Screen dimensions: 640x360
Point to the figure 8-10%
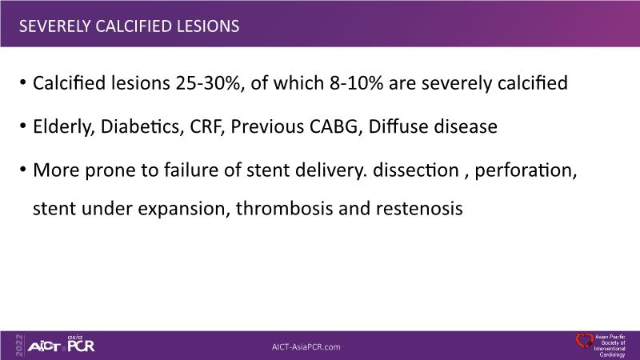356,83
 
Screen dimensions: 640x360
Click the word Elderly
64,127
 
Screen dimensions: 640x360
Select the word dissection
415,170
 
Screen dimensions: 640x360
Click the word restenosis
419,209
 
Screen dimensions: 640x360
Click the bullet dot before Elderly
23,126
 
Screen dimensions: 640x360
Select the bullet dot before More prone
23,169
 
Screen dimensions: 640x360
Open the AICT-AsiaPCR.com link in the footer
306,347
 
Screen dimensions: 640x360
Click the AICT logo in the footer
44,347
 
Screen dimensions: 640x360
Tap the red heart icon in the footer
585,342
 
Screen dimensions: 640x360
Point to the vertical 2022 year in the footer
19,346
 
